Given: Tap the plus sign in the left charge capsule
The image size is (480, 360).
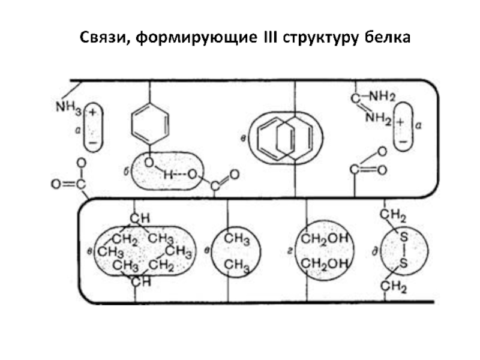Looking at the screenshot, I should pyautogui.click(x=94, y=112).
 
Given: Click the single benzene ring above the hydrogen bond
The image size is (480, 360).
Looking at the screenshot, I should pyautogui.click(x=148, y=120).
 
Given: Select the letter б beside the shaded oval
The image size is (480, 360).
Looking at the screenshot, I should pyautogui.click(x=126, y=173).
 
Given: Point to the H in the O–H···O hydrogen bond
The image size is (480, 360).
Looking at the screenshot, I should pyautogui.click(x=167, y=175).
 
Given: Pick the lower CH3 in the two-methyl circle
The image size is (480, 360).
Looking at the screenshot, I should pyautogui.click(x=236, y=265).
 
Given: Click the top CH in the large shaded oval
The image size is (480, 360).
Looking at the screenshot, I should pyautogui.click(x=139, y=216).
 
